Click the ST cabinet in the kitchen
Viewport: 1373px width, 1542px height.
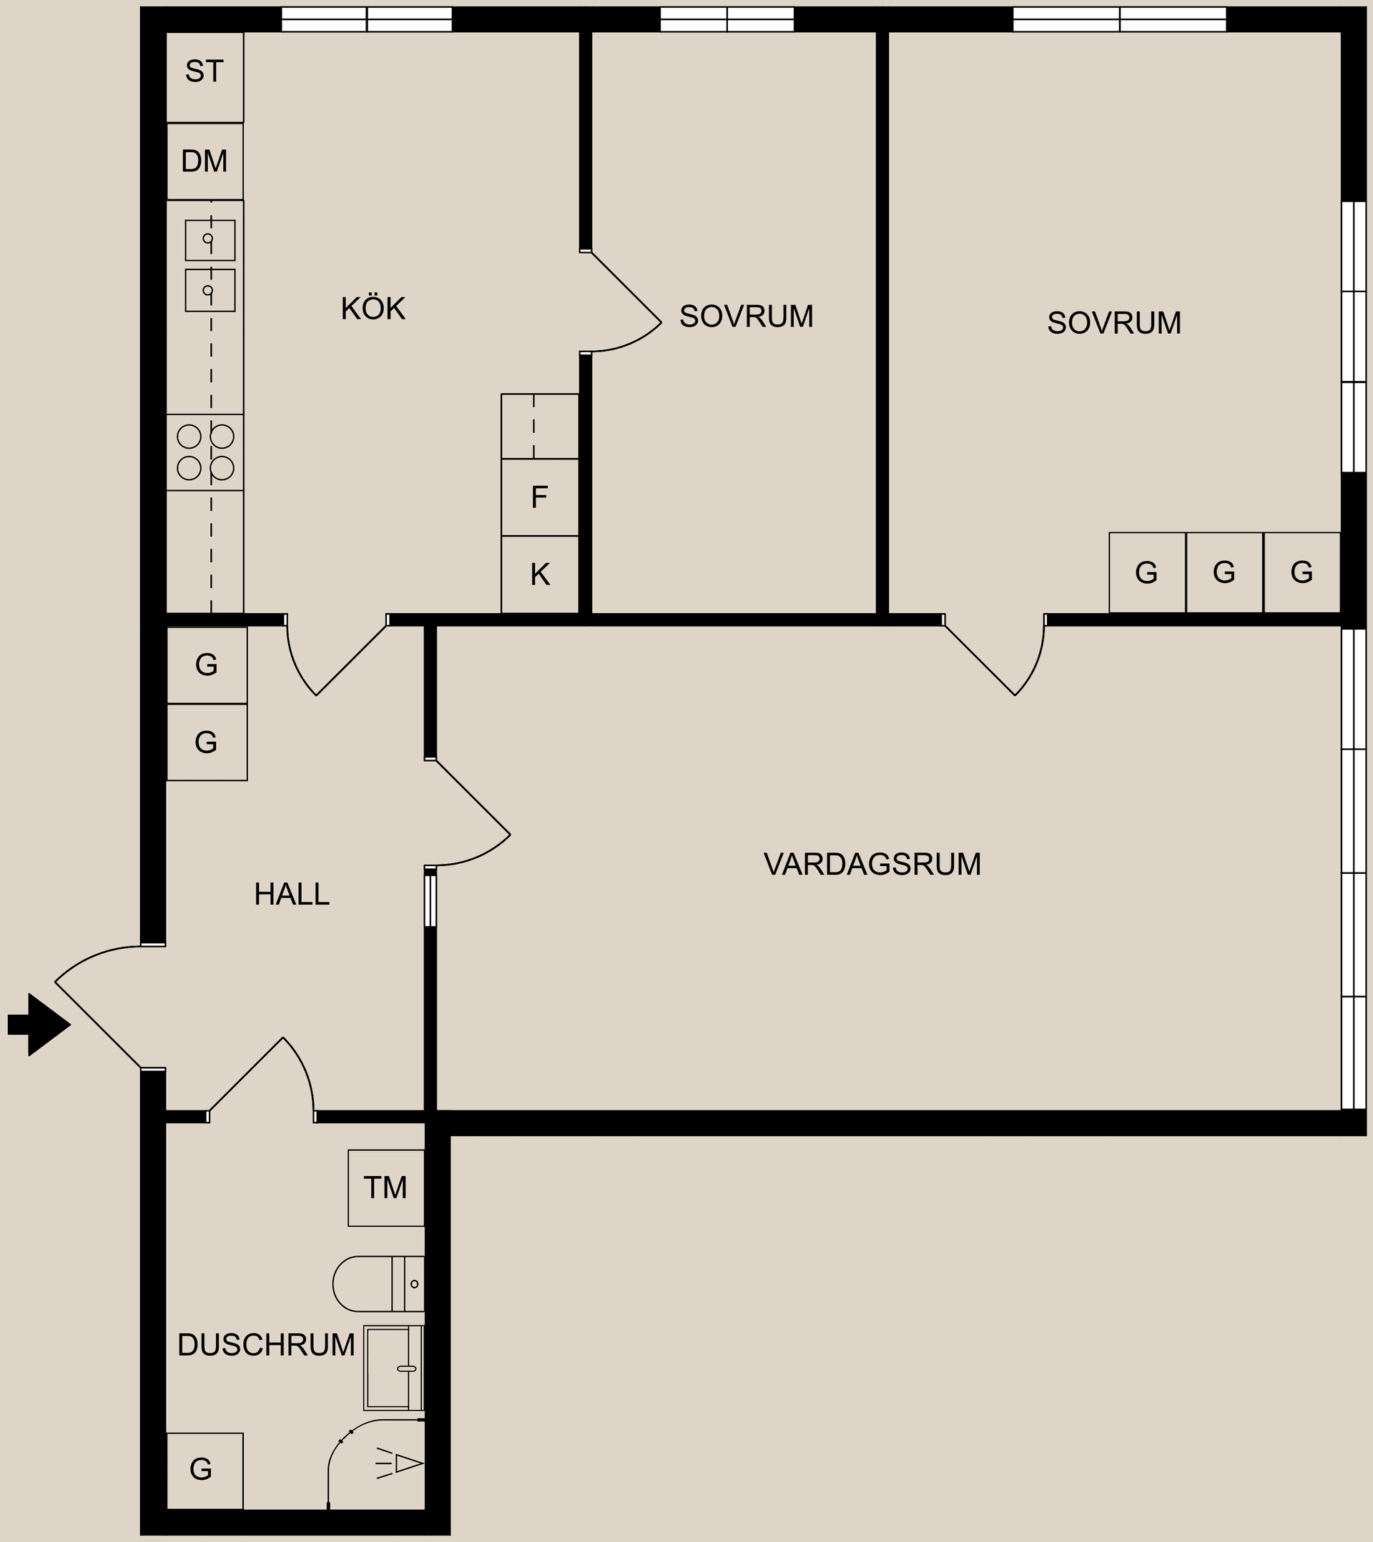[205, 74]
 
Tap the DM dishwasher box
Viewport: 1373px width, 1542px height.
[205, 161]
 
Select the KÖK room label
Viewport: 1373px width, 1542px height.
[373, 309]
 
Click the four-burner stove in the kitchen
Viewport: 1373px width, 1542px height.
[205, 452]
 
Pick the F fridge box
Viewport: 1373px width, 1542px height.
[540, 497]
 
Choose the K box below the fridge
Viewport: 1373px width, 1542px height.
[540, 574]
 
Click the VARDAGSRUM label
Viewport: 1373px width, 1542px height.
[872, 865]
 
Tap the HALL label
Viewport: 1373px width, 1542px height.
[291, 895]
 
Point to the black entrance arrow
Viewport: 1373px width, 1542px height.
[39, 1025]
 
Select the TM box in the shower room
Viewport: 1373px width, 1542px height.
[385, 1188]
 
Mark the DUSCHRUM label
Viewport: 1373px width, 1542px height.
[266, 1344]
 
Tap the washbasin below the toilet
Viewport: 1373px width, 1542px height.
[393, 1368]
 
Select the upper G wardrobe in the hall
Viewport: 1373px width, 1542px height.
[207, 665]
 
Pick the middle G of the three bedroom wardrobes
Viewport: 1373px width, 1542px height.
[1224, 573]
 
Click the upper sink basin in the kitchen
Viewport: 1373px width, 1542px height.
[210, 240]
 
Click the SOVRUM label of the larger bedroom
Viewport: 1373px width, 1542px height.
[1113, 324]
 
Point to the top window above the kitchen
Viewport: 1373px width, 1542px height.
[367, 19]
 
